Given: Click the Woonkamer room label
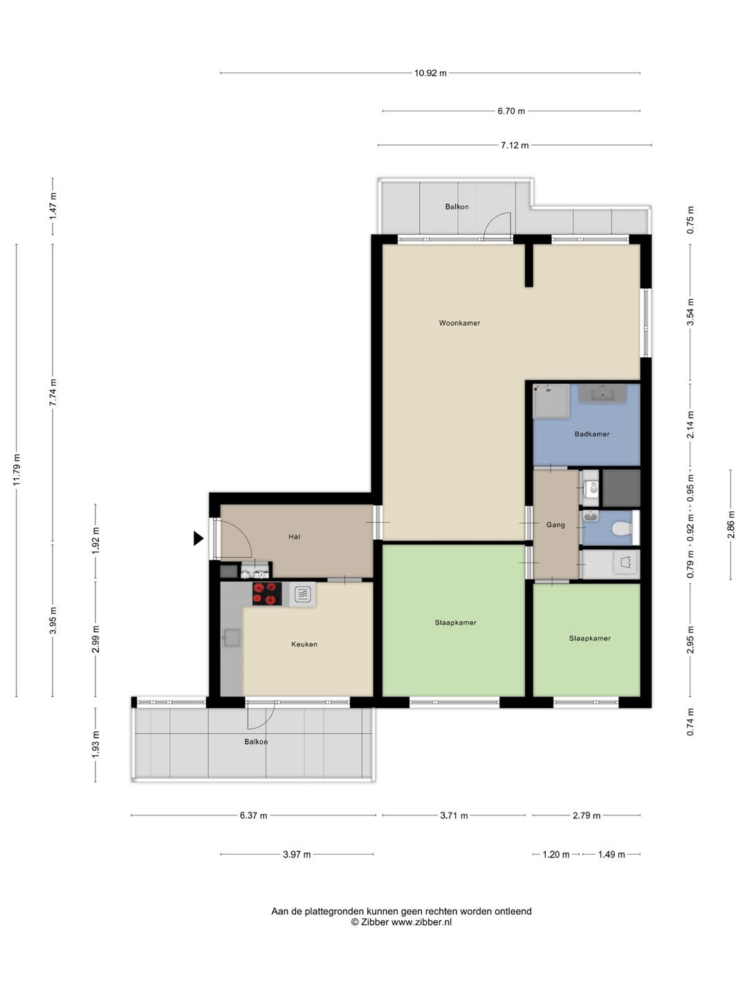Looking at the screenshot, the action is [x=459, y=323].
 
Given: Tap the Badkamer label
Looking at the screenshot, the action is [x=591, y=434].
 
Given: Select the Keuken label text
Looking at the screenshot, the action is [x=304, y=644].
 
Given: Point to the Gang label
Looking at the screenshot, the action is [x=555, y=525].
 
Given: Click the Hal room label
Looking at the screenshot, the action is [x=294, y=537].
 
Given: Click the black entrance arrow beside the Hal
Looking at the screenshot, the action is [x=199, y=538].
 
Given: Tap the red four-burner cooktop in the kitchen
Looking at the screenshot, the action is [x=267, y=594].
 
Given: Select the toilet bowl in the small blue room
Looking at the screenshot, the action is [x=622, y=529].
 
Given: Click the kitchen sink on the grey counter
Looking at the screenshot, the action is [x=231, y=638].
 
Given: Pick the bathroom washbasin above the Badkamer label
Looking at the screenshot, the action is [x=602, y=393].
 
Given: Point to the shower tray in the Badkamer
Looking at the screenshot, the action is [x=551, y=401].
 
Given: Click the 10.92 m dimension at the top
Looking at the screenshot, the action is [x=430, y=73].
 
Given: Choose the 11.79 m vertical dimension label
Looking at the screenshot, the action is [x=17, y=470].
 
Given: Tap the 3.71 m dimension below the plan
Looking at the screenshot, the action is [x=454, y=815].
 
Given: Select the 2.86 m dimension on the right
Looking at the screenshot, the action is [x=730, y=525].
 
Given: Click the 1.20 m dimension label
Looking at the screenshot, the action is [x=556, y=855].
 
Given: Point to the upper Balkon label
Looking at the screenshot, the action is [x=456, y=207].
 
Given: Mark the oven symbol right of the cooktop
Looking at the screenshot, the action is [x=302, y=594].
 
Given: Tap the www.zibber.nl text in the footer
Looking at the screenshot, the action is [x=421, y=922].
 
